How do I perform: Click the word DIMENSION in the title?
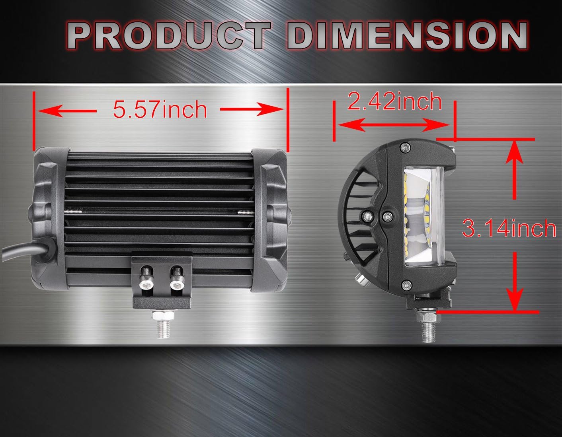coord(407,36)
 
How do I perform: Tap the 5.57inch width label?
coord(160,109)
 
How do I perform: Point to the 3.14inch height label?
coord(509,228)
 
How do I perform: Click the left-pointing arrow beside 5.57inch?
coord(67,111)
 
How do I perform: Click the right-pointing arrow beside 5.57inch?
coord(252,109)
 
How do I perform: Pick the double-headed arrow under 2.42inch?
coord(394,125)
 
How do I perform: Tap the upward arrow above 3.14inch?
coord(514,170)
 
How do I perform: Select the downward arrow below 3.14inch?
coord(515,282)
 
